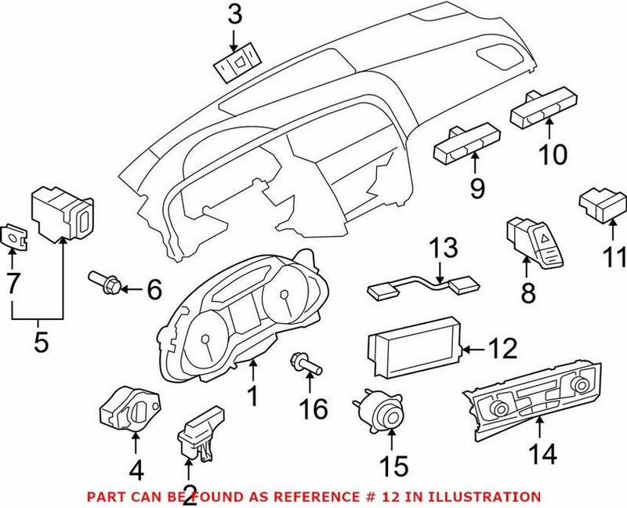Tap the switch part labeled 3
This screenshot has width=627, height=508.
(x=238, y=65)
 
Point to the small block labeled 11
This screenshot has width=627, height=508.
(x=600, y=205)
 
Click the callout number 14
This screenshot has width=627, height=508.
(x=541, y=453)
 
